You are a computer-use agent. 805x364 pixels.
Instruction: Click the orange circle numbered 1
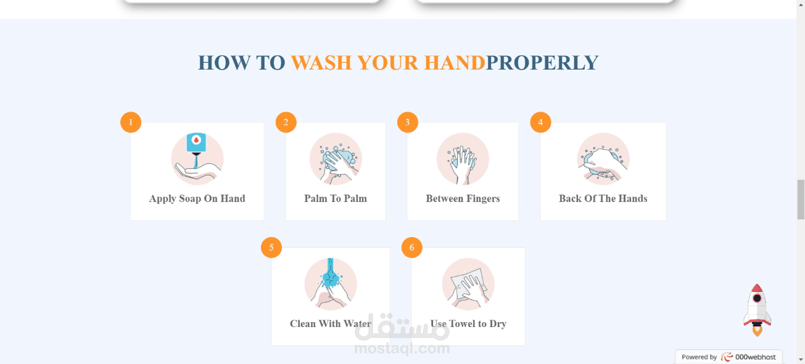click(x=131, y=122)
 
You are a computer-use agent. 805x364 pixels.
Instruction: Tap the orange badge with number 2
click(x=286, y=122)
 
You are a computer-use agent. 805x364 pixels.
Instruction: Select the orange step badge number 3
click(x=408, y=122)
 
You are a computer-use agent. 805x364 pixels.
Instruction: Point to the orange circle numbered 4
click(x=540, y=122)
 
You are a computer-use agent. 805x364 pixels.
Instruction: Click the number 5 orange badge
click(x=271, y=248)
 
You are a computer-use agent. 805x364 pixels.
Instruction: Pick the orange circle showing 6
click(x=412, y=248)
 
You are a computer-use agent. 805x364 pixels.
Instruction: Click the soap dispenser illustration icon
click(x=197, y=159)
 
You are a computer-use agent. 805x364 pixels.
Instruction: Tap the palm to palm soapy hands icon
click(x=336, y=159)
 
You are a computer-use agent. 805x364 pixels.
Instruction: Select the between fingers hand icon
click(x=463, y=159)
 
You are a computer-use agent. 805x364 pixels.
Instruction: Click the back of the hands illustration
click(x=603, y=159)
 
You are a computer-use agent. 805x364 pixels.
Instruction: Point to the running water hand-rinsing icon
click(x=331, y=283)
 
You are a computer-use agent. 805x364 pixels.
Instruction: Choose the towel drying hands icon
click(x=468, y=283)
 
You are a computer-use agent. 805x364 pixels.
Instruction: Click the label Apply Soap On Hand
click(x=197, y=199)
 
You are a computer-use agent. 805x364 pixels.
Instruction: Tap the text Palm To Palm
click(x=336, y=198)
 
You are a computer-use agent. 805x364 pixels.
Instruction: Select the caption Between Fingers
click(x=463, y=198)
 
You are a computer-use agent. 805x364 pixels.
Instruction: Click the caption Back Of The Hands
click(x=603, y=198)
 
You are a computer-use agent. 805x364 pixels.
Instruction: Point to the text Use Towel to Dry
click(x=468, y=324)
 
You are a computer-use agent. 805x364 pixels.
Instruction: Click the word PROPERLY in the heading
click(x=542, y=62)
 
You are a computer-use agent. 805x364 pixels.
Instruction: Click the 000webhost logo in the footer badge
click(x=748, y=357)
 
